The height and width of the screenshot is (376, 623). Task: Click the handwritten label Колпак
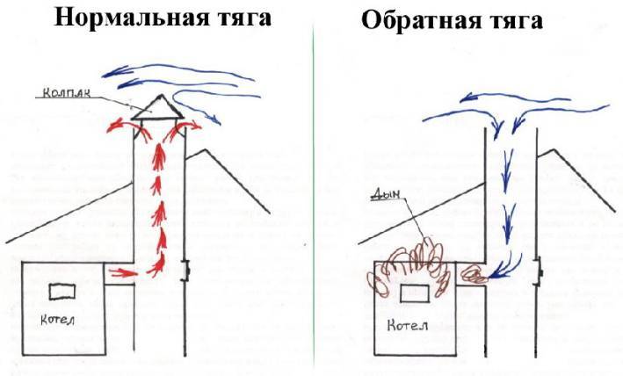click(x=67, y=92)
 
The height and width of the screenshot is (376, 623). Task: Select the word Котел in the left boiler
click(x=57, y=320)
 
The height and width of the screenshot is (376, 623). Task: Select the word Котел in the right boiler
click(x=407, y=325)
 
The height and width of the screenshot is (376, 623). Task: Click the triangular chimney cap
click(x=158, y=107)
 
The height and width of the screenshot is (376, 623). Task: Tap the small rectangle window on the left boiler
click(x=62, y=292)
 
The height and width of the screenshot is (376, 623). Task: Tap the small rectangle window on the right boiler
click(x=415, y=293)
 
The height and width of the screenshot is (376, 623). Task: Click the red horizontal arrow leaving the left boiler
click(x=123, y=272)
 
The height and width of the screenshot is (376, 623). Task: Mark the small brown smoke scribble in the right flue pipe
click(x=473, y=274)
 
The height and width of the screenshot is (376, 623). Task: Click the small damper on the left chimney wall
click(x=185, y=271)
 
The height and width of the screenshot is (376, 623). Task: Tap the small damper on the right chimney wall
click(x=538, y=271)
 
